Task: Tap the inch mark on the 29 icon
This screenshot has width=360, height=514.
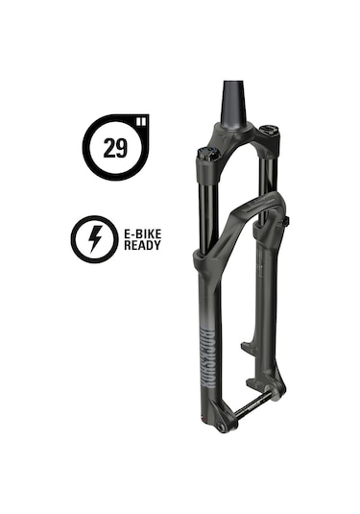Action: [142, 121]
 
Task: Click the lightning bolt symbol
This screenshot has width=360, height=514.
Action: [95, 238]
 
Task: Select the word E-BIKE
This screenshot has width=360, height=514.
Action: [142, 232]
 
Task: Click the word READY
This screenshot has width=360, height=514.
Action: [142, 245]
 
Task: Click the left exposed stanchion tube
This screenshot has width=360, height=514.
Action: [205, 207]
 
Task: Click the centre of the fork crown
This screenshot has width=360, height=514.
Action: [238, 141]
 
